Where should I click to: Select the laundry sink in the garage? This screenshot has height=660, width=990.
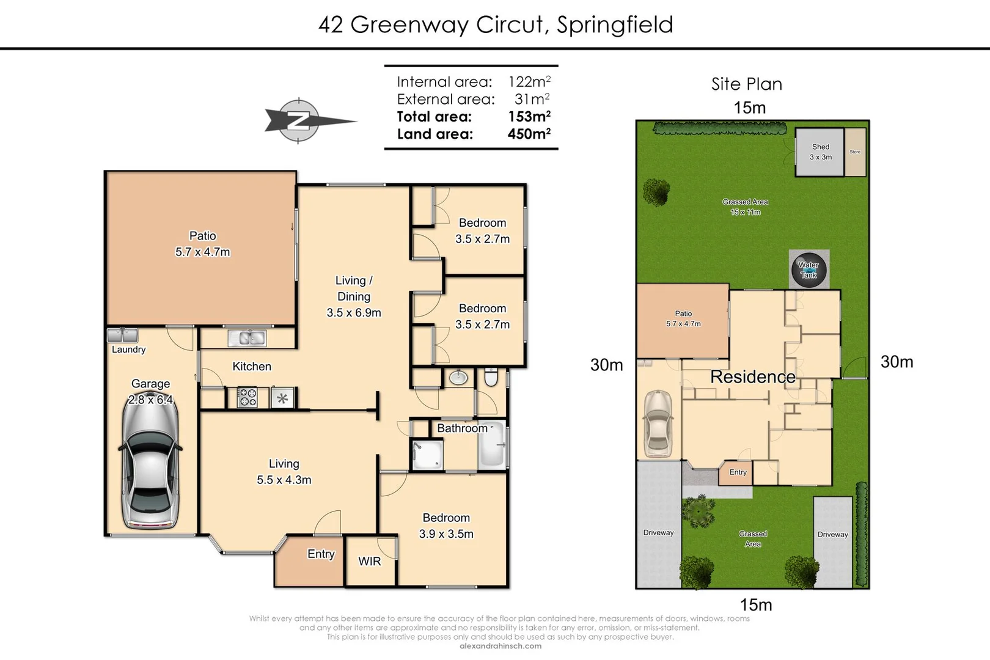pos(122,335)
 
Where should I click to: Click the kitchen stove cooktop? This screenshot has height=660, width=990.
pos(248,398)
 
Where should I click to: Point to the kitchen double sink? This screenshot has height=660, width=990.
pos(247,337)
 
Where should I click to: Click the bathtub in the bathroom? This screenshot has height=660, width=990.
pos(491,444)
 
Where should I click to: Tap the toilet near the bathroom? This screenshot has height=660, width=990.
pos(491,378)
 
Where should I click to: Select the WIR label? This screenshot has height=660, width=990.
pos(369,561)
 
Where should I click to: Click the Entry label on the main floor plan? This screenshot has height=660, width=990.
pos(321,554)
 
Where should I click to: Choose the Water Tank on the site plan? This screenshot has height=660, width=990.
pos(809,269)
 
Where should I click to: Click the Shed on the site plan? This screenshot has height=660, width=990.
pos(820,152)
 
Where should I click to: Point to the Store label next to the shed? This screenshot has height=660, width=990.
pos(855,152)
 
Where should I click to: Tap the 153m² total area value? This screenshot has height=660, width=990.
pos(529,116)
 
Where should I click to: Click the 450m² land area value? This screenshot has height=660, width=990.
pos(529,134)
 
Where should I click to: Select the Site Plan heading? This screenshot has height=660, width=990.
pos(746,84)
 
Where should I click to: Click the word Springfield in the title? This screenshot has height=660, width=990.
pos(615,24)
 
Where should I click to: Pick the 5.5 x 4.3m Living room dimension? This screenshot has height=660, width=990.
pos(284,480)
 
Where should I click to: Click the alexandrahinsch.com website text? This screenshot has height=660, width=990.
pos(500,646)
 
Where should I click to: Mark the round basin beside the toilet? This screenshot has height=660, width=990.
pos(458,378)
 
